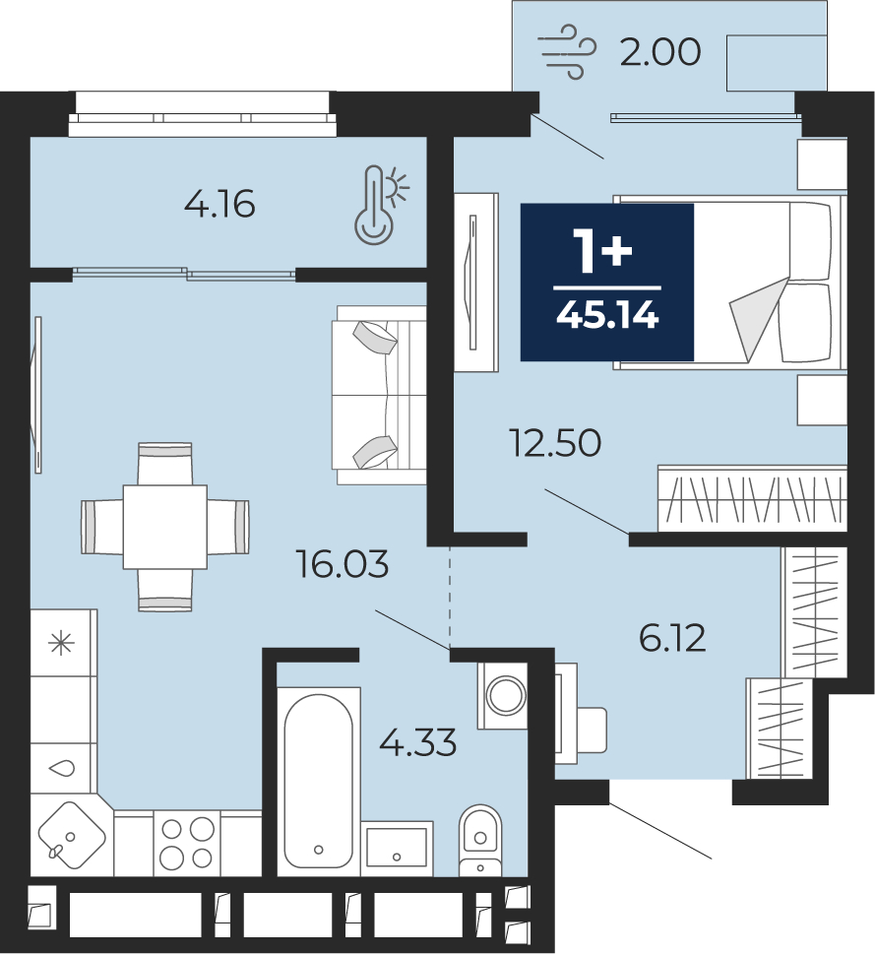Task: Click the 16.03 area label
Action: tap(342, 564)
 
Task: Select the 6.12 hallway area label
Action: tap(672, 638)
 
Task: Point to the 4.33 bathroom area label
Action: tap(417, 742)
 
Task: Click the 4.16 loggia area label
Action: tap(219, 204)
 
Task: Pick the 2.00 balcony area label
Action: tap(660, 52)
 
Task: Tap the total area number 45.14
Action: tap(607, 316)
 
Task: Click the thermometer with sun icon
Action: tap(382, 206)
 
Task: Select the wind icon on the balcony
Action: tap(567, 52)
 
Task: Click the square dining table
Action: tap(164, 527)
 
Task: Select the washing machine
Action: tap(502, 695)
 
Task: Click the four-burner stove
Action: tap(187, 843)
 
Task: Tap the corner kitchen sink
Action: tap(72, 835)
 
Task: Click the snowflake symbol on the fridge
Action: tap(62, 643)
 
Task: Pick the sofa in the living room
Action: tap(379, 396)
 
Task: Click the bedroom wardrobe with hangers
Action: tap(752, 498)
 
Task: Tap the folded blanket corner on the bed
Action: tap(757, 318)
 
